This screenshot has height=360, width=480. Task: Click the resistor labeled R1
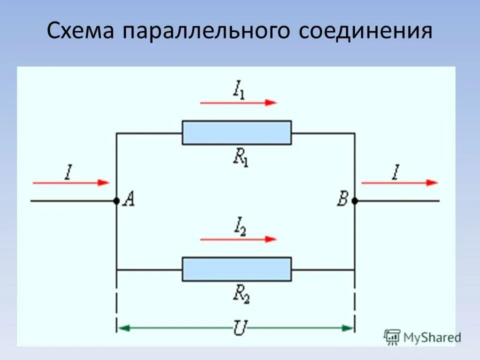tap(236, 132)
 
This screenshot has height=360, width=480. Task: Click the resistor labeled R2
tap(236, 269)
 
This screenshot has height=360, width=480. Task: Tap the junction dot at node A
tap(116, 200)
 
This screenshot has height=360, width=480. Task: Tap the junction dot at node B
tap(354, 200)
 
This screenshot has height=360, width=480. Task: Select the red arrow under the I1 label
tap(238, 102)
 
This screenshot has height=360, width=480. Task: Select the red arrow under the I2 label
tap(238, 239)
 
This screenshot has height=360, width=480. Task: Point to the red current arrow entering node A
tap(70, 183)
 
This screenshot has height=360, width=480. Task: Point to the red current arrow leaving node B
tap(399, 183)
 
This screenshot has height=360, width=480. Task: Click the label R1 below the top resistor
tap(239, 156)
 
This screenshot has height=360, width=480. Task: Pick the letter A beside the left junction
tap(128, 200)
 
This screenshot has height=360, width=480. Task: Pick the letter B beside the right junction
tap(342, 200)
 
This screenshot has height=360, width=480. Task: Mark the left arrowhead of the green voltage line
tap(123, 328)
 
